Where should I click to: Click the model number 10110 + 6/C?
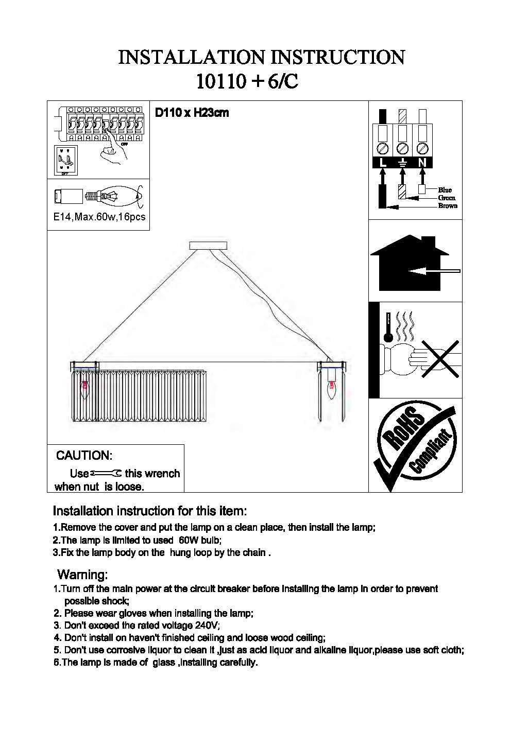coord(247,81)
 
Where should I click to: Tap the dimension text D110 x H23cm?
coord(192,113)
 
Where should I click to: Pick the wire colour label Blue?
coord(445,190)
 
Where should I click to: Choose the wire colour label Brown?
coord(447,206)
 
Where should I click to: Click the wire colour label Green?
coord(447,198)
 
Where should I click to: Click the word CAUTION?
coord(84,456)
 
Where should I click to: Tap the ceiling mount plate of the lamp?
coord(211,245)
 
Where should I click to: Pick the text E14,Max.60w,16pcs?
coord(99,217)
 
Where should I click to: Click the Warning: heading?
coord(82,575)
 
